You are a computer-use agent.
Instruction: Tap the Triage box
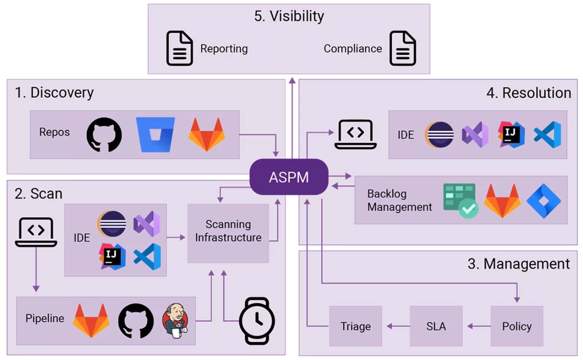356,326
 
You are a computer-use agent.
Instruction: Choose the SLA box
436,326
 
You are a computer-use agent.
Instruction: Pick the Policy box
516,326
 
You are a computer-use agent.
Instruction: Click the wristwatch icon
257,320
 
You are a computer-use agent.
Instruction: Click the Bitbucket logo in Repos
156,134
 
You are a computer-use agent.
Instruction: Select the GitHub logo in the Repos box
104,134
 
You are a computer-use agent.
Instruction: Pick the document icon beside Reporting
180,48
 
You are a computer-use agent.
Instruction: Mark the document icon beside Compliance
403,48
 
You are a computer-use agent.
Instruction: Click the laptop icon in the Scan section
36,232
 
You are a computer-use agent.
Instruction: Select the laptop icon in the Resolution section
355,134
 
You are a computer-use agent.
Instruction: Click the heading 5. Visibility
289,16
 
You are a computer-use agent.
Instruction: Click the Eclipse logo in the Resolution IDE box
439,134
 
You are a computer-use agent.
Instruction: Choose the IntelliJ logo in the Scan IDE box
111,256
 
